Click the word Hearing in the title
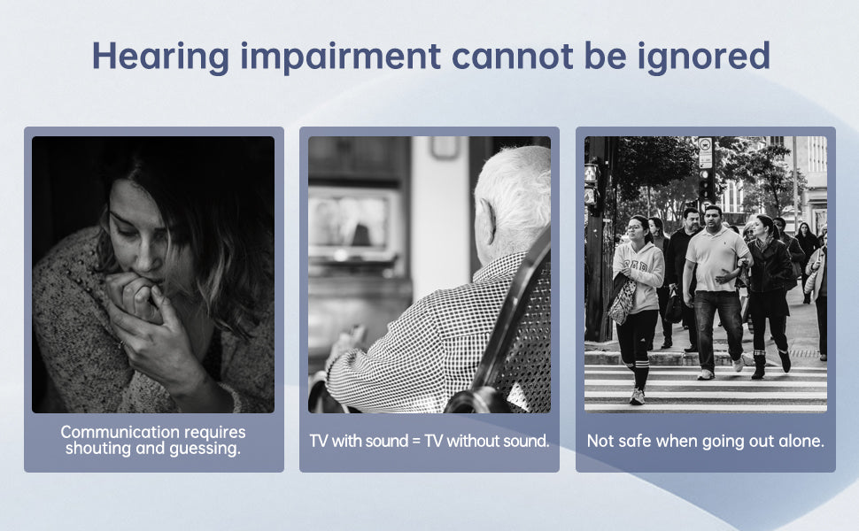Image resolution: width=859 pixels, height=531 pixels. coord(160,57)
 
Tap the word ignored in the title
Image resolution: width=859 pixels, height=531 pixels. coord(703,57)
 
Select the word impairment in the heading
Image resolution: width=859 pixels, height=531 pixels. coord(340,57)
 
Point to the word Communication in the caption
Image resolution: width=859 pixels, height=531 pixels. coord(120,432)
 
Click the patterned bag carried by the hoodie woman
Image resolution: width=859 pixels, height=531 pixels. coord(623,301)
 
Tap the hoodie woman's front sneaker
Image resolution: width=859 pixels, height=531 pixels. coord(637,396)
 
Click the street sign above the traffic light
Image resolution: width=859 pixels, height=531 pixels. coord(705,152)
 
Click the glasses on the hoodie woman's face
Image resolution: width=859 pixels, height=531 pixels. coord(634,227)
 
